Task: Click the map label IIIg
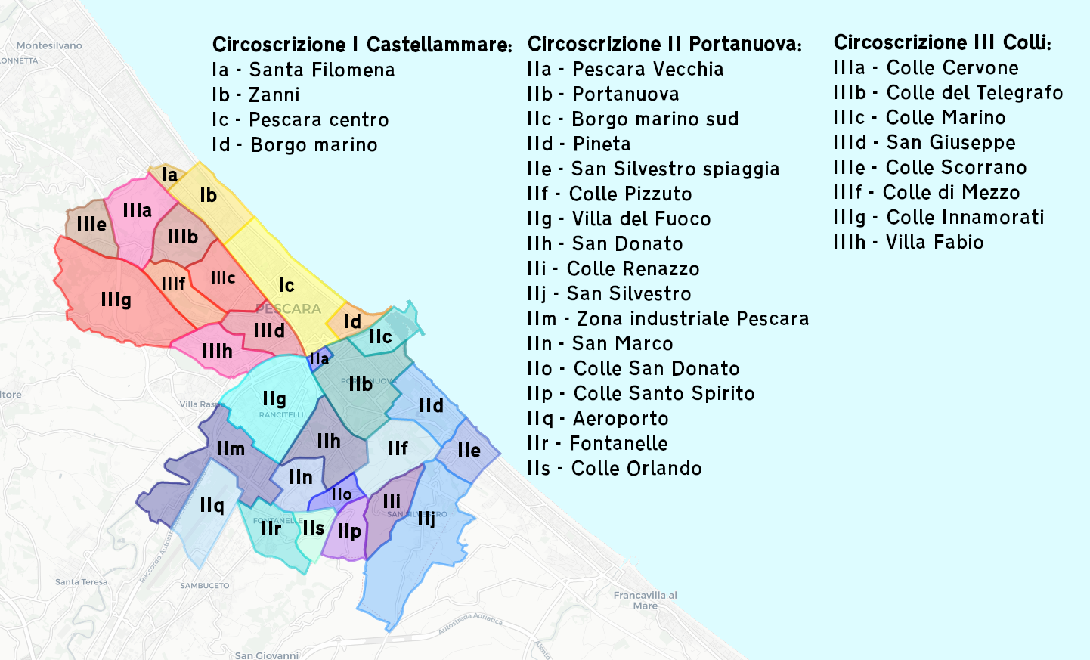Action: [x=116, y=300]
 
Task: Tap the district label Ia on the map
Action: [x=170, y=175]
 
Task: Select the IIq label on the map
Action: [x=212, y=505]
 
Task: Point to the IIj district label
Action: [x=426, y=519]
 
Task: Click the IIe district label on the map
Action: [x=469, y=451]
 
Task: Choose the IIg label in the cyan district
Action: [x=274, y=398]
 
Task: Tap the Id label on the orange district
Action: [x=352, y=322]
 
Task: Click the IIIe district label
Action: [x=91, y=224]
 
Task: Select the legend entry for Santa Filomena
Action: [x=303, y=70]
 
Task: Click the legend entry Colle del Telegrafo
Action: [x=948, y=93]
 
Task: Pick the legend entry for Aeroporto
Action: [x=597, y=419]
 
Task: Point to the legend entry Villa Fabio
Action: [x=909, y=243]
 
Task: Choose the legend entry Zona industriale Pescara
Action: [x=668, y=319]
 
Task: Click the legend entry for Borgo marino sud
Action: [x=633, y=119]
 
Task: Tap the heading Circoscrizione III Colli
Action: [x=942, y=42]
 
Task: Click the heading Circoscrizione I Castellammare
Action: [x=362, y=45]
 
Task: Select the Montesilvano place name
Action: [x=49, y=45]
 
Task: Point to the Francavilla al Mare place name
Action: [x=645, y=600]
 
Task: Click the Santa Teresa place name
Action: [x=81, y=582]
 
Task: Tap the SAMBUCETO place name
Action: [x=204, y=586]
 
